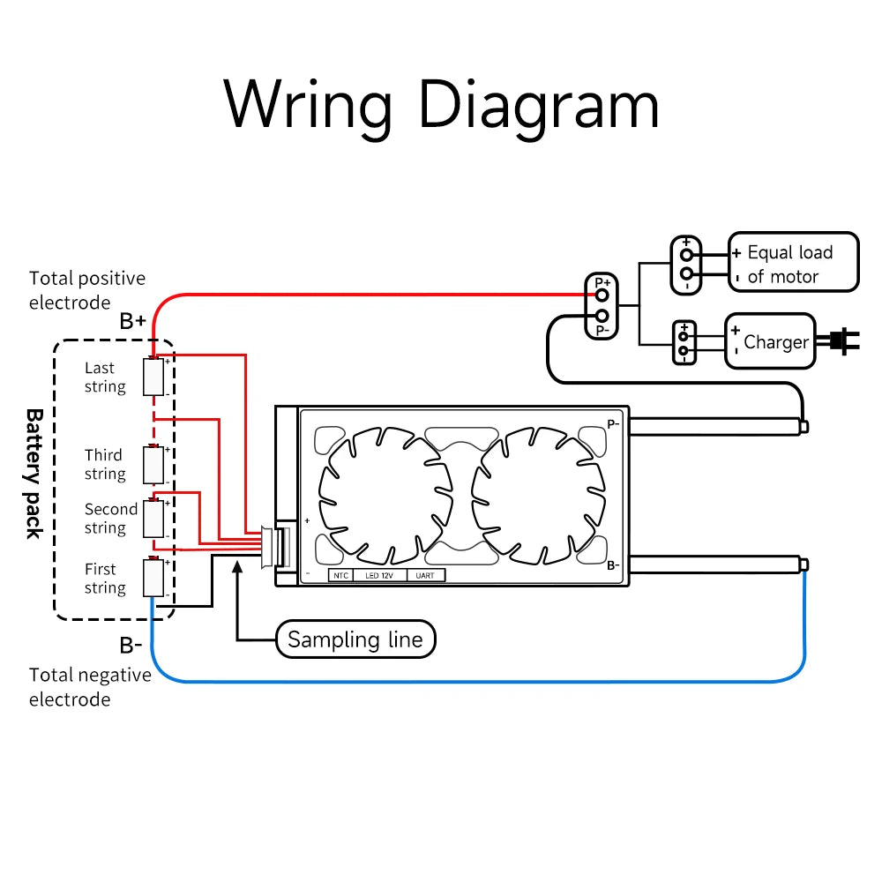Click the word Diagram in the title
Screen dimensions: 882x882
(x=538, y=106)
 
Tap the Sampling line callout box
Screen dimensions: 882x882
(x=355, y=639)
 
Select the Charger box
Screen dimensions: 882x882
(x=770, y=341)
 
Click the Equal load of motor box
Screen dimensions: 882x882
(x=792, y=262)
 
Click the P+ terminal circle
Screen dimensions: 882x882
(x=602, y=294)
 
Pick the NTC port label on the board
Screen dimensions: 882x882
(x=340, y=575)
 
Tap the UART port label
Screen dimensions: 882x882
(x=425, y=575)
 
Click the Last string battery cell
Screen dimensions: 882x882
(x=154, y=377)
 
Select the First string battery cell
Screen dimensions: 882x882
(x=154, y=579)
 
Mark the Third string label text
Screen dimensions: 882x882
(x=104, y=465)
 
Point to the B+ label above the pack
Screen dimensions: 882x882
(x=133, y=321)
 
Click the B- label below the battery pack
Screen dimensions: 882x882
(x=131, y=646)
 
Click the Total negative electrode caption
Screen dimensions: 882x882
(x=89, y=687)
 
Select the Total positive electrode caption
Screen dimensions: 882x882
(x=86, y=290)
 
